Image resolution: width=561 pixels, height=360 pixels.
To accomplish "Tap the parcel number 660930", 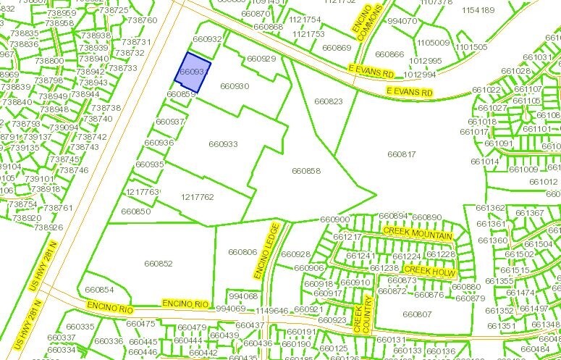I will click(235, 86).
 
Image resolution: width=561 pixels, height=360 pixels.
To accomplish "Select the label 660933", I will click(223, 144).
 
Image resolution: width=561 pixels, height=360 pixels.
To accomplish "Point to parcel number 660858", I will click(305, 171).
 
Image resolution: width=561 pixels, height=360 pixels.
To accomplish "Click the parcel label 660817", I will click(402, 154).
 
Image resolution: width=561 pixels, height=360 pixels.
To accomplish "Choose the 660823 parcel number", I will click(329, 101).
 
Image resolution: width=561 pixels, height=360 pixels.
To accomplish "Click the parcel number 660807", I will click(417, 314).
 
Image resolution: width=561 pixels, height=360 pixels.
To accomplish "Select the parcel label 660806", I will click(242, 252).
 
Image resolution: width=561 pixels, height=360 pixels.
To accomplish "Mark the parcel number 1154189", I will click(478, 11).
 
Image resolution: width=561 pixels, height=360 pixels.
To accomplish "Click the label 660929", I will click(261, 59).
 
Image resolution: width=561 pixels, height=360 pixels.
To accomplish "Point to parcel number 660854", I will click(99, 290).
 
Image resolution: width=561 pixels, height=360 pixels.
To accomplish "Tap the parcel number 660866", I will click(390, 54).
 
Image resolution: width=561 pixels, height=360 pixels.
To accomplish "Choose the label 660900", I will click(334, 219).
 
